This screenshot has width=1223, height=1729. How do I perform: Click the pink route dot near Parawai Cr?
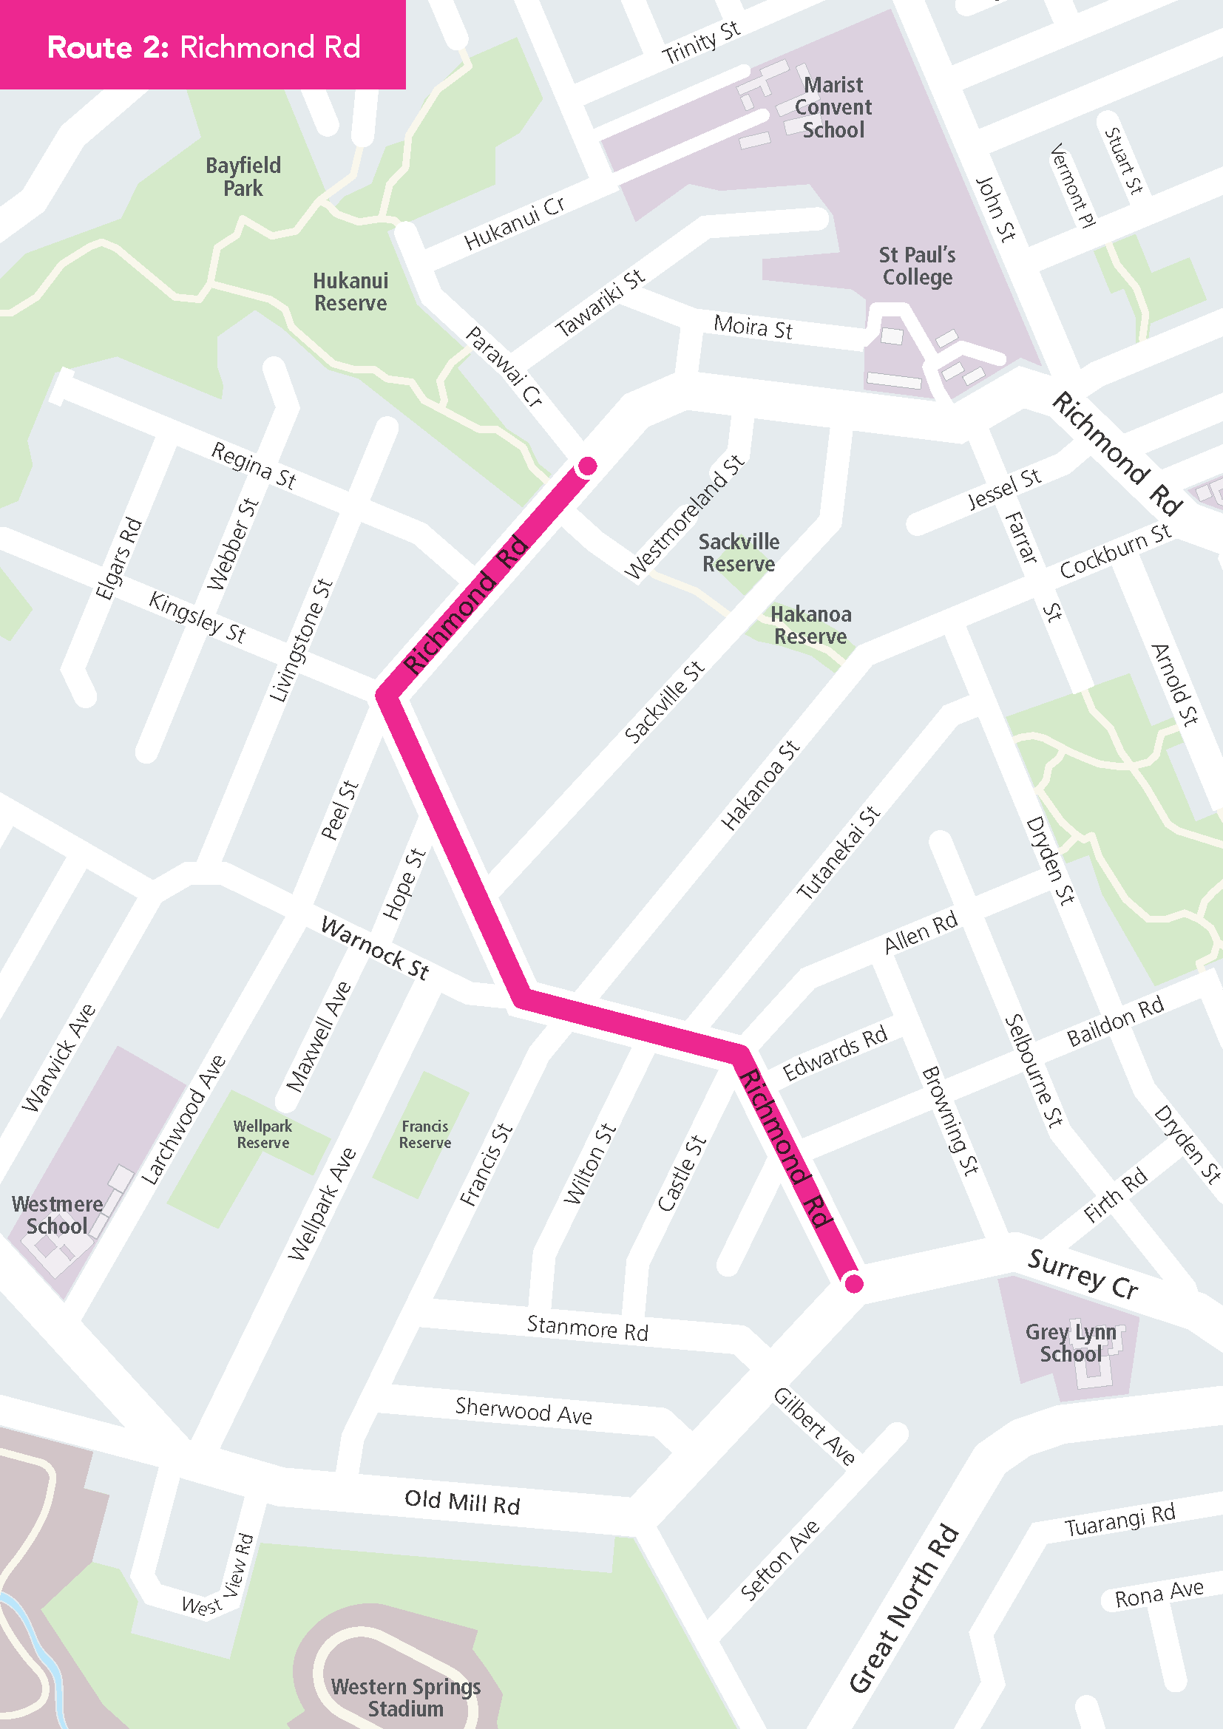[x=587, y=466]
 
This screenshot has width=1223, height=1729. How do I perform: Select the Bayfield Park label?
[x=243, y=177]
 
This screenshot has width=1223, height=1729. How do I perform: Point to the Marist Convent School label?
[x=833, y=108]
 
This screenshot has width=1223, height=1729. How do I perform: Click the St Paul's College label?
[x=916, y=267]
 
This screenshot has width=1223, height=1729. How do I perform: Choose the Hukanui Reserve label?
[x=351, y=292]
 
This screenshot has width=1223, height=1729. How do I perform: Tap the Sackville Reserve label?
[x=739, y=553]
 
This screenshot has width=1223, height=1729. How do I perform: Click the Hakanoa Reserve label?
[x=811, y=626]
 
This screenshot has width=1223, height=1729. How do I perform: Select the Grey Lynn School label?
[x=1070, y=1342]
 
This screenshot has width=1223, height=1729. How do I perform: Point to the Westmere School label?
[x=57, y=1215]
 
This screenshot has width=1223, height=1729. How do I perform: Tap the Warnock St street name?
[x=375, y=948]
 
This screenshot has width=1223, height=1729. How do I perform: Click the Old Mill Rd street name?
[x=461, y=1501]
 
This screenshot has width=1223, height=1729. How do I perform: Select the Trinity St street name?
[x=700, y=43]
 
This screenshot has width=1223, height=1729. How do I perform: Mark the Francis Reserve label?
[x=424, y=1134]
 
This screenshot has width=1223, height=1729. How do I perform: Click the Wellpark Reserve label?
[x=262, y=1134]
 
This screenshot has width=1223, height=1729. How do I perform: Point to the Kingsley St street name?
[x=197, y=617]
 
